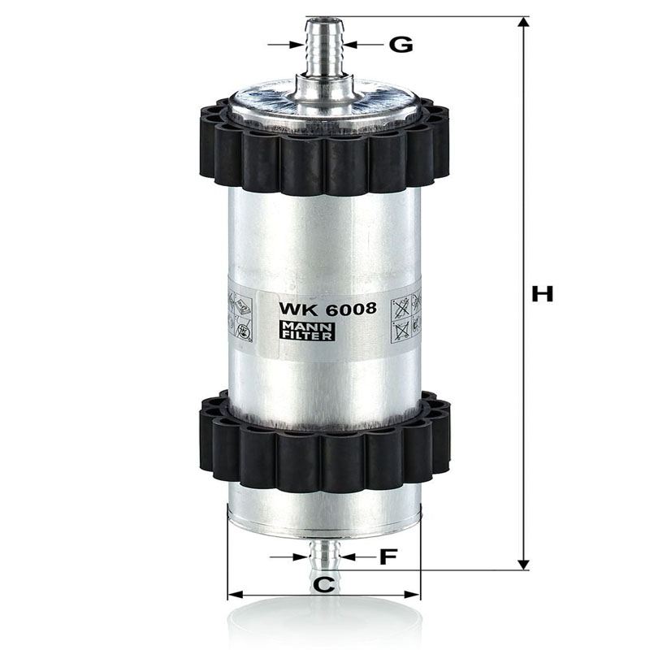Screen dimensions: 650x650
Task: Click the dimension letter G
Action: click(401, 45)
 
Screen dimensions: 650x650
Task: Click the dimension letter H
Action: click(542, 294)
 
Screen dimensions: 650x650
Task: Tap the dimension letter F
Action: click(388, 557)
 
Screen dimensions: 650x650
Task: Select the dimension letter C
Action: click(323, 584)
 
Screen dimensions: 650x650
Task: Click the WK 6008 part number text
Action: click(327, 309)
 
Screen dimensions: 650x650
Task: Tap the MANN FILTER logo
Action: click(307, 331)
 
